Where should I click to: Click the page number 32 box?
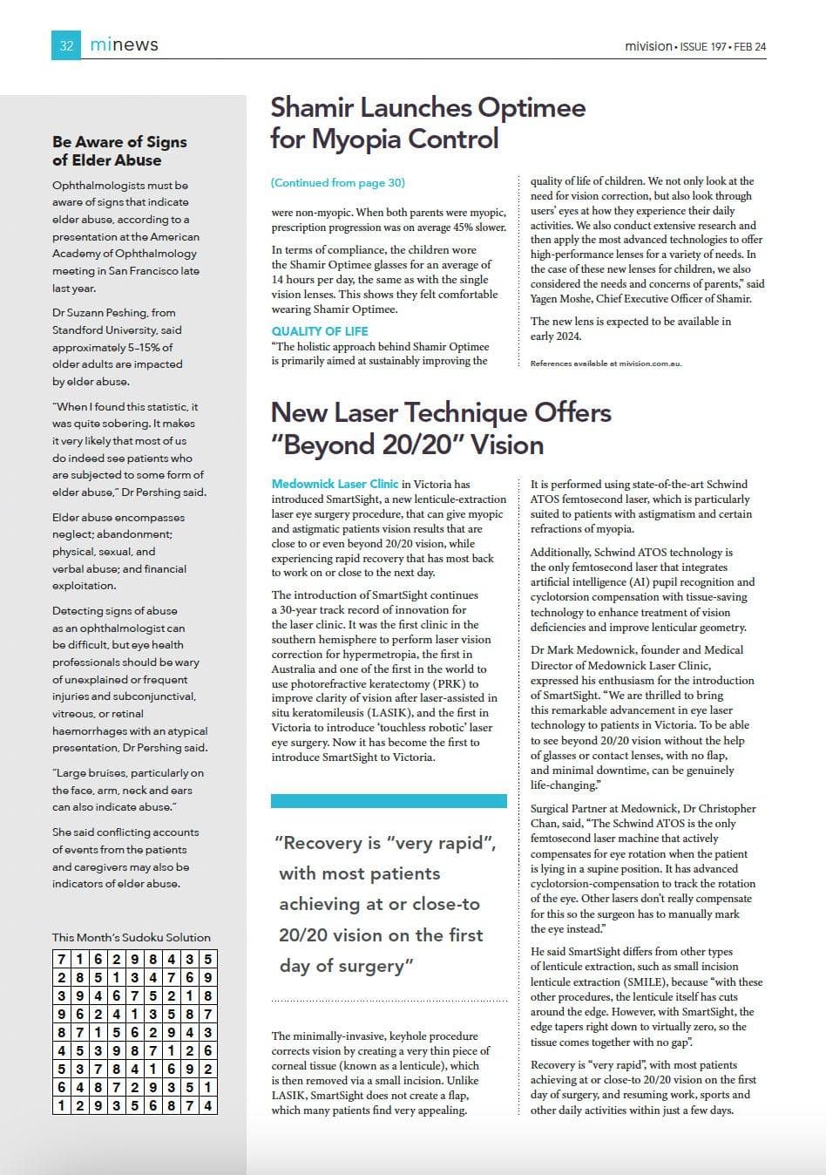point(66,45)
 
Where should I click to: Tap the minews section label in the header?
point(125,44)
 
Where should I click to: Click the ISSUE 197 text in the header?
point(703,46)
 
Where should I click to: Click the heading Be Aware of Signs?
point(119,142)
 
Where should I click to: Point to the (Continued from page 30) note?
point(338,182)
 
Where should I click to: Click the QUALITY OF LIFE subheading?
point(320,331)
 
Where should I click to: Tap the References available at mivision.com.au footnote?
point(606,363)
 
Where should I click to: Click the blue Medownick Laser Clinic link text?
point(335,484)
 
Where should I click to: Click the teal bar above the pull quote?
point(389,800)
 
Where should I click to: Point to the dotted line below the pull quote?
point(389,1002)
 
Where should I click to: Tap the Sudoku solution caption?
point(132,937)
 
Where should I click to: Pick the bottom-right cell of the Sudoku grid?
point(207,1105)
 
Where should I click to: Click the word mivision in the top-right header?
point(648,46)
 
